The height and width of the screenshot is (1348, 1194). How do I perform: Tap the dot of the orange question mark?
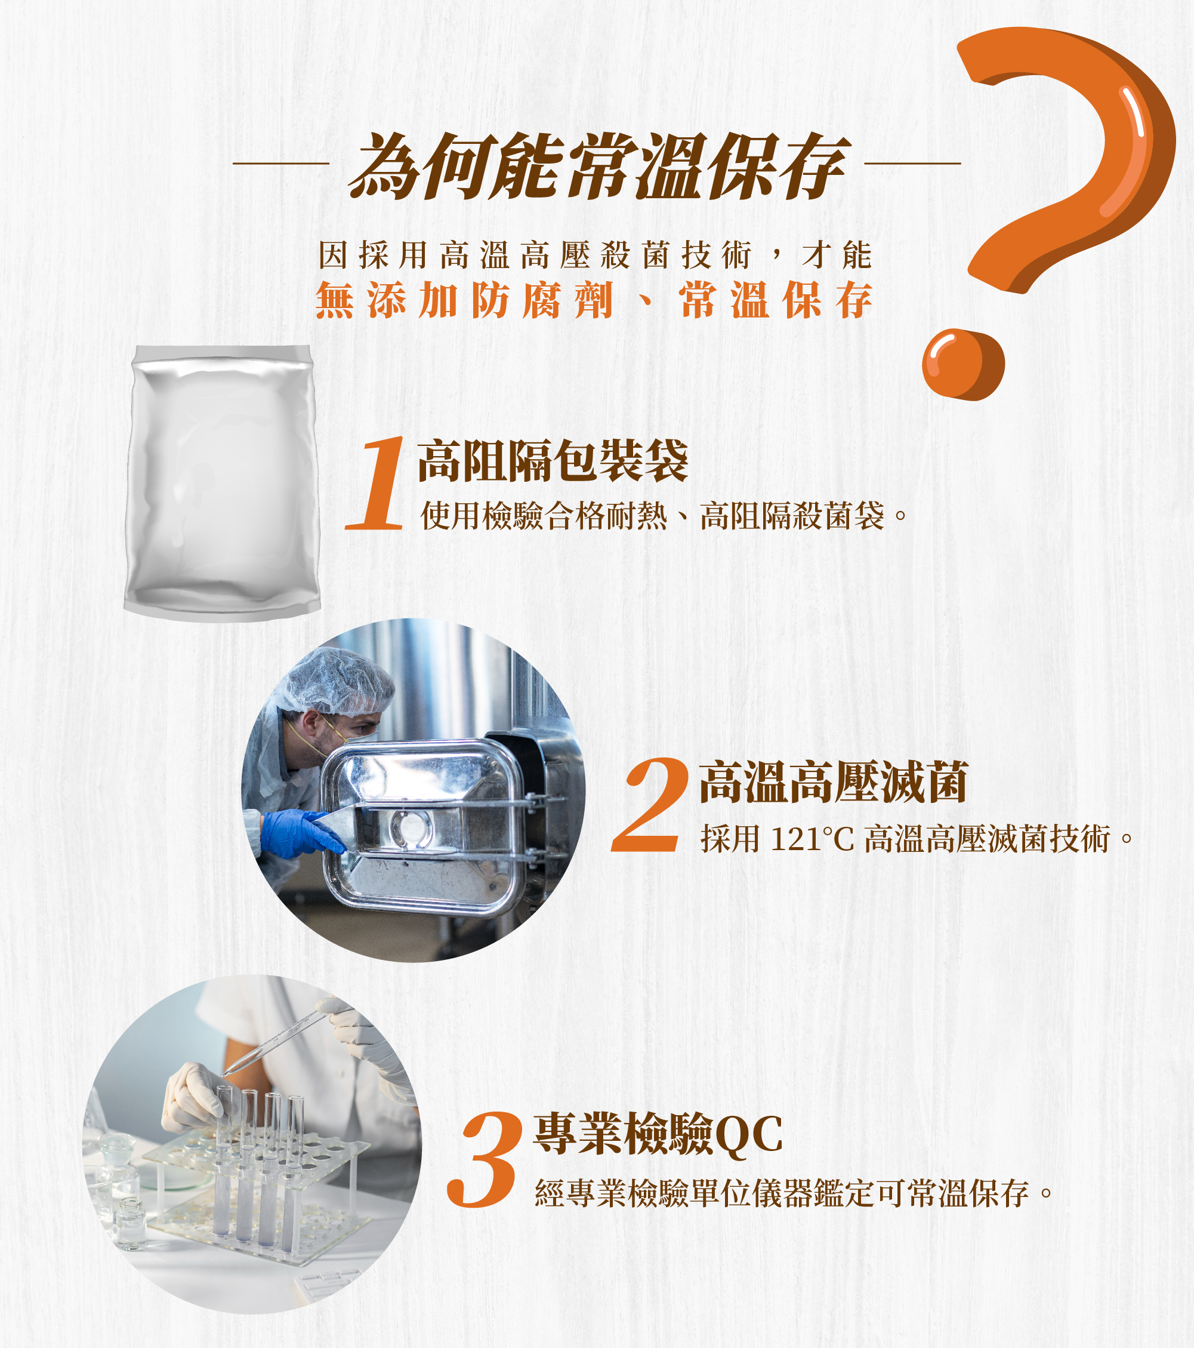[x=962, y=364]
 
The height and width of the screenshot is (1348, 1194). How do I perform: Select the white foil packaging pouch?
[x=222, y=481]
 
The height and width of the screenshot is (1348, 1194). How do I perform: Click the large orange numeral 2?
[x=649, y=806]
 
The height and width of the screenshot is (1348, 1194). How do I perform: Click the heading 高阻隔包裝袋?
[x=553, y=460]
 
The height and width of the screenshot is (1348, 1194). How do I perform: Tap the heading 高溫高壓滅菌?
[x=834, y=782]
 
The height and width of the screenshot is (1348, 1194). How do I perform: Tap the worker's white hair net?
[x=337, y=679]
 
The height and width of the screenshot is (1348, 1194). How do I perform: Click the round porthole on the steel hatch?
[x=411, y=827]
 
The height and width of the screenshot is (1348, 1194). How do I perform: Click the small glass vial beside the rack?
[x=131, y=1223]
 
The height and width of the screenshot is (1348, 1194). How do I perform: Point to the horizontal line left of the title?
[x=281, y=163]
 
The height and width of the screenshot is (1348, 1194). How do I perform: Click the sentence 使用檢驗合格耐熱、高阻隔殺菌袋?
[x=662, y=516]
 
